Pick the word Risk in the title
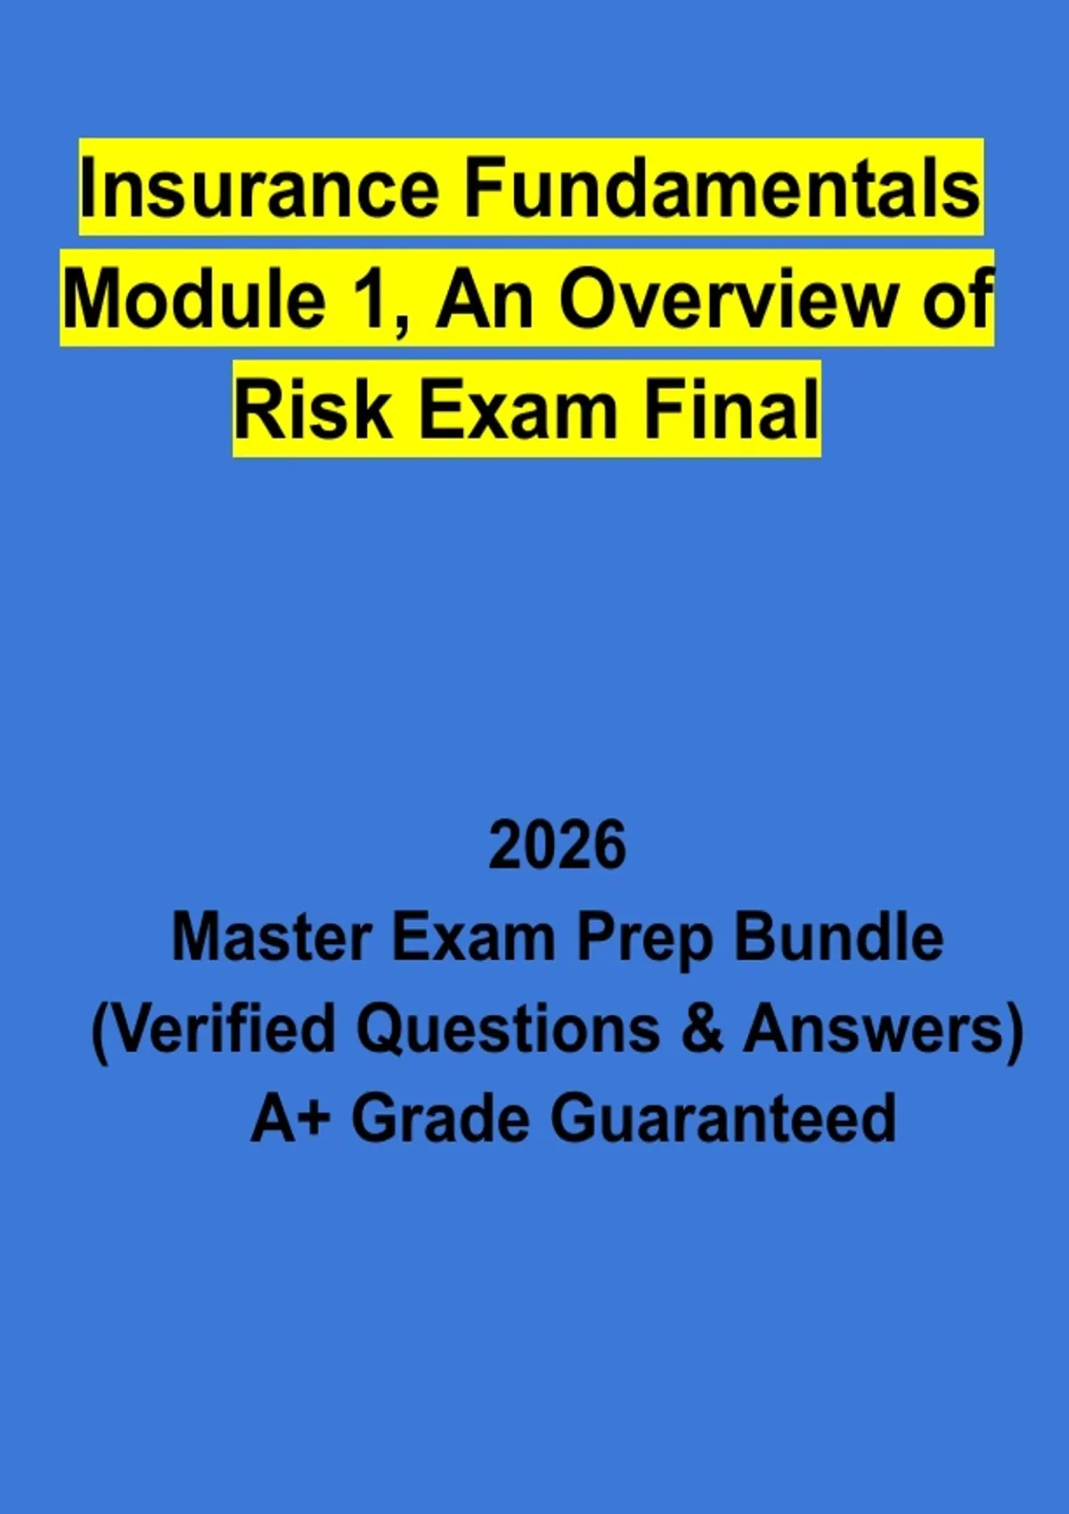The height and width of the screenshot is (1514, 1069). point(313,410)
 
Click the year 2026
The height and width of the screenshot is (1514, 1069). point(558,845)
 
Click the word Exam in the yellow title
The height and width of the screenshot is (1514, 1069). point(518,410)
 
